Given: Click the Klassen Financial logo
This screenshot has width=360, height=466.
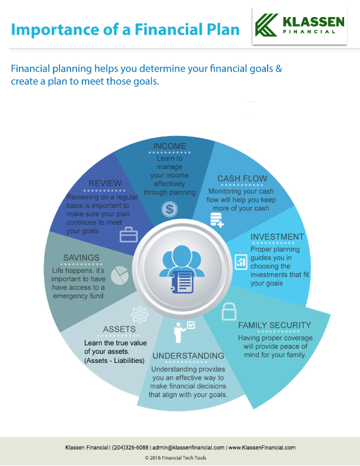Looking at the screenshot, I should click(x=299, y=26).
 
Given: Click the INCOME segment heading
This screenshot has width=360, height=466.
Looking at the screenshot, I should click(x=169, y=146).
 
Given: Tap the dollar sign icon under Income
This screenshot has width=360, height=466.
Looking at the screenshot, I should click(x=169, y=208).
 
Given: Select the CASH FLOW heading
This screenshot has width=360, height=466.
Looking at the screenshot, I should click(x=242, y=178).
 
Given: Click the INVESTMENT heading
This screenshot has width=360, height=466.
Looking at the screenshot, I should click(x=277, y=237).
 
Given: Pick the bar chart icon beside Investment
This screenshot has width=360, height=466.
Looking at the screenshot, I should click(x=241, y=262).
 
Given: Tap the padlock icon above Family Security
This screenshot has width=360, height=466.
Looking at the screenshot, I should click(x=229, y=311).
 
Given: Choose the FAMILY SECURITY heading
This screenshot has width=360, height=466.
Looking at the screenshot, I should click(x=274, y=325).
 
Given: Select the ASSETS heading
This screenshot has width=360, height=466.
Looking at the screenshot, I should click(x=119, y=329).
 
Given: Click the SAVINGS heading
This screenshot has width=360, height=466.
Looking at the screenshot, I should click(x=81, y=258).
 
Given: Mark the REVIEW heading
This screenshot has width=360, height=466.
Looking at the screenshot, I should click(x=105, y=183).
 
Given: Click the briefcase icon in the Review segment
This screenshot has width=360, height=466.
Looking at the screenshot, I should click(x=129, y=235).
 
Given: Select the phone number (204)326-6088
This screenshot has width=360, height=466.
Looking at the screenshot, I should click(x=131, y=448).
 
